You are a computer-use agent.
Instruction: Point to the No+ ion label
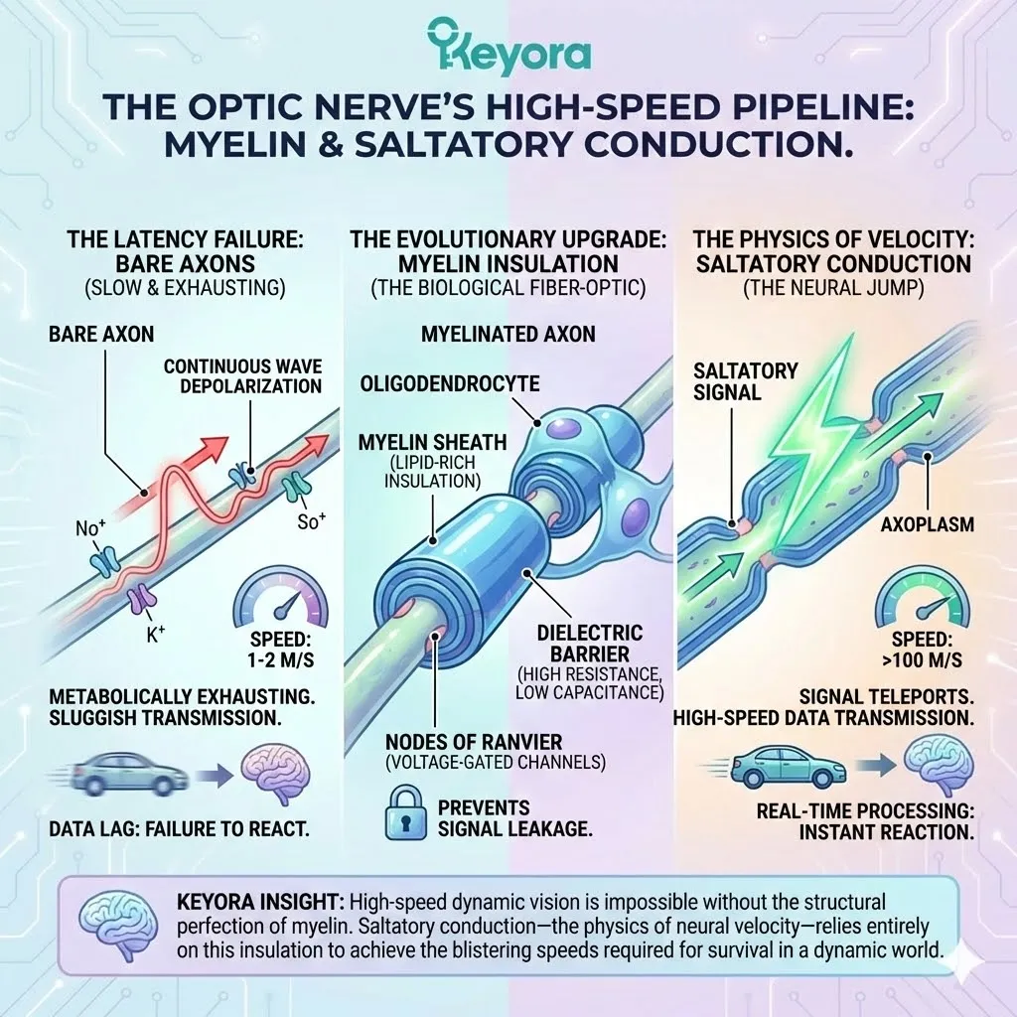(88, 527)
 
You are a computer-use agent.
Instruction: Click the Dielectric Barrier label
(588, 644)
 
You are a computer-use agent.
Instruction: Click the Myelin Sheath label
(431, 441)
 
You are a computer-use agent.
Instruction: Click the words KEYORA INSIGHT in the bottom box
(254, 902)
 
